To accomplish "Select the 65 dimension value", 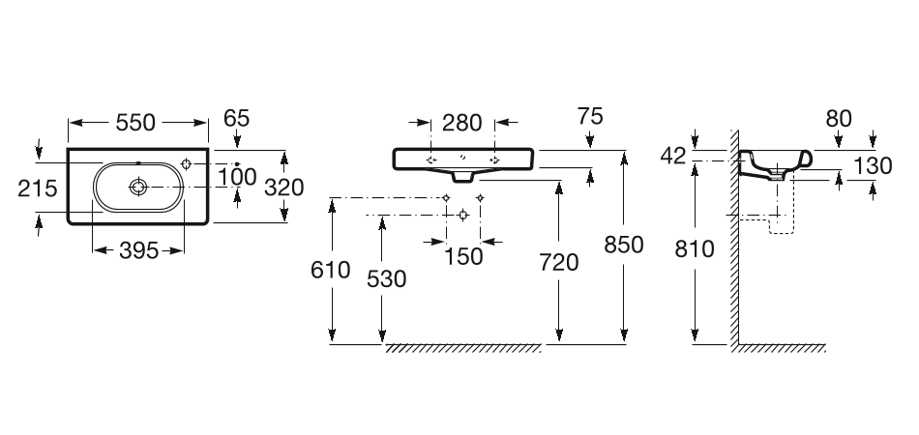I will (236, 118).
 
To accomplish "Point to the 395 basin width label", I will (137, 251).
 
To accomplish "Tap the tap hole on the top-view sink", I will (187, 164).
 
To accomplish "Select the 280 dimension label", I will (462, 123).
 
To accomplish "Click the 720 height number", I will (559, 262).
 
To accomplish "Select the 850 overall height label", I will (624, 245).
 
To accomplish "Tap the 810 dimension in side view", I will (695, 248).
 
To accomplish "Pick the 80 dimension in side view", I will (839, 118).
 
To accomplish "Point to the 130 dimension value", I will (873, 165).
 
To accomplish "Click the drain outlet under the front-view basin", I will (463, 177).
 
